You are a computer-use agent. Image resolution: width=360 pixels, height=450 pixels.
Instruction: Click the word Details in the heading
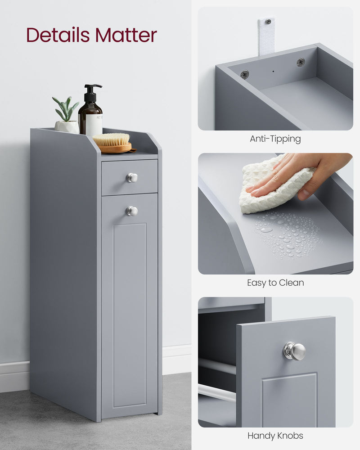pyautogui.click(x=57, y=35)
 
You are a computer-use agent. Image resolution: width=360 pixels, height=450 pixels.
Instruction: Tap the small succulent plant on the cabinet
pyautogui.click(x=66, y=110)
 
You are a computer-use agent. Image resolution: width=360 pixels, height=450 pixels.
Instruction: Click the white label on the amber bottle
pyautogui.click(x=94, y=124)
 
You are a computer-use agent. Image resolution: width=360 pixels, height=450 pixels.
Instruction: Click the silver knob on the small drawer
pyautogui.click(x=132, y=178)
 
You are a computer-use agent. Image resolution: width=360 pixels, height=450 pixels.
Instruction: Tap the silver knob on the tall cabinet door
pyautogui.click(x=132, y=211)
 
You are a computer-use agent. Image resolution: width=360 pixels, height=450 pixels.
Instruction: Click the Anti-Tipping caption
pyautogui.click(x=275, y=139)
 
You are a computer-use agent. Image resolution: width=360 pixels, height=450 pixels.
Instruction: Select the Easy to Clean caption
pyautogui.click(x=275, y=283)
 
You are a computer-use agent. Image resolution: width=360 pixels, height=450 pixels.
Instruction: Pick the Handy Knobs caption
pyautogui.click(x=275, y=436)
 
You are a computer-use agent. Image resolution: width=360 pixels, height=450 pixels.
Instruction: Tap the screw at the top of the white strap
pyautogui.click(x=267, y=22)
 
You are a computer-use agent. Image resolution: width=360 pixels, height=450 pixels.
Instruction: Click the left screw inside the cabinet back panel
pyautogui.click(x=244, y=74)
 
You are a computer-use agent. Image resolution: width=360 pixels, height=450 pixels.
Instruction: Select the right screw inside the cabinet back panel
pyautogui.click(x=300, y=62)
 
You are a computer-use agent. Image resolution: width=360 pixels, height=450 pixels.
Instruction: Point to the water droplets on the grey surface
pyautogui.click(x=288, y=234)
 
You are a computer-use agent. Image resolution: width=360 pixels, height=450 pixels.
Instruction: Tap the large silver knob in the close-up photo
pyautogui.click(x=295, y=351)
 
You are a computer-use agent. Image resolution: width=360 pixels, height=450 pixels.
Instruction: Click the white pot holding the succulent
pyautogui.click(x=67, y=127)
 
